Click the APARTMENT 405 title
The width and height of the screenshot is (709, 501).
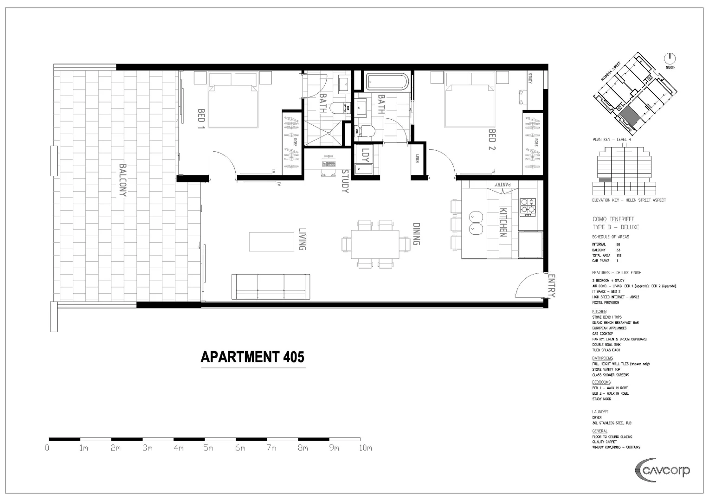[252, 357]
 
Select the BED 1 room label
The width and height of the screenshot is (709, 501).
[201, 118]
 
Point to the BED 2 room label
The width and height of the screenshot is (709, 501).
[492, 140]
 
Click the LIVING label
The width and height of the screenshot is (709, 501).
[302, 239]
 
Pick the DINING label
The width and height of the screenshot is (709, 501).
[416, 234]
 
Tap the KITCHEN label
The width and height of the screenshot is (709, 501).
[503, 222]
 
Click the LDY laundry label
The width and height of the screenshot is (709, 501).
[366, 155]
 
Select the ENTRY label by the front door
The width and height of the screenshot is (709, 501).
[551, 285]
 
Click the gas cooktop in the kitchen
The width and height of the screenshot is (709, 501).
[527, 207]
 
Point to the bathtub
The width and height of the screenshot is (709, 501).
[387, 82]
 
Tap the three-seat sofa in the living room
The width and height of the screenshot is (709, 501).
[271, 287]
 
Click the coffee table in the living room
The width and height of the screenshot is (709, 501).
[272, 242]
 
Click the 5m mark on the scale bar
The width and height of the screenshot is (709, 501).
[208, 448]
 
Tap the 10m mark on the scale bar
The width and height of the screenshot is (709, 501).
[365, 448]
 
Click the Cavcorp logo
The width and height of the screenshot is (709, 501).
[662, 470]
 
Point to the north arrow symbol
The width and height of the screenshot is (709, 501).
[670, 58]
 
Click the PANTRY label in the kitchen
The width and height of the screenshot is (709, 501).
[503, 185]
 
